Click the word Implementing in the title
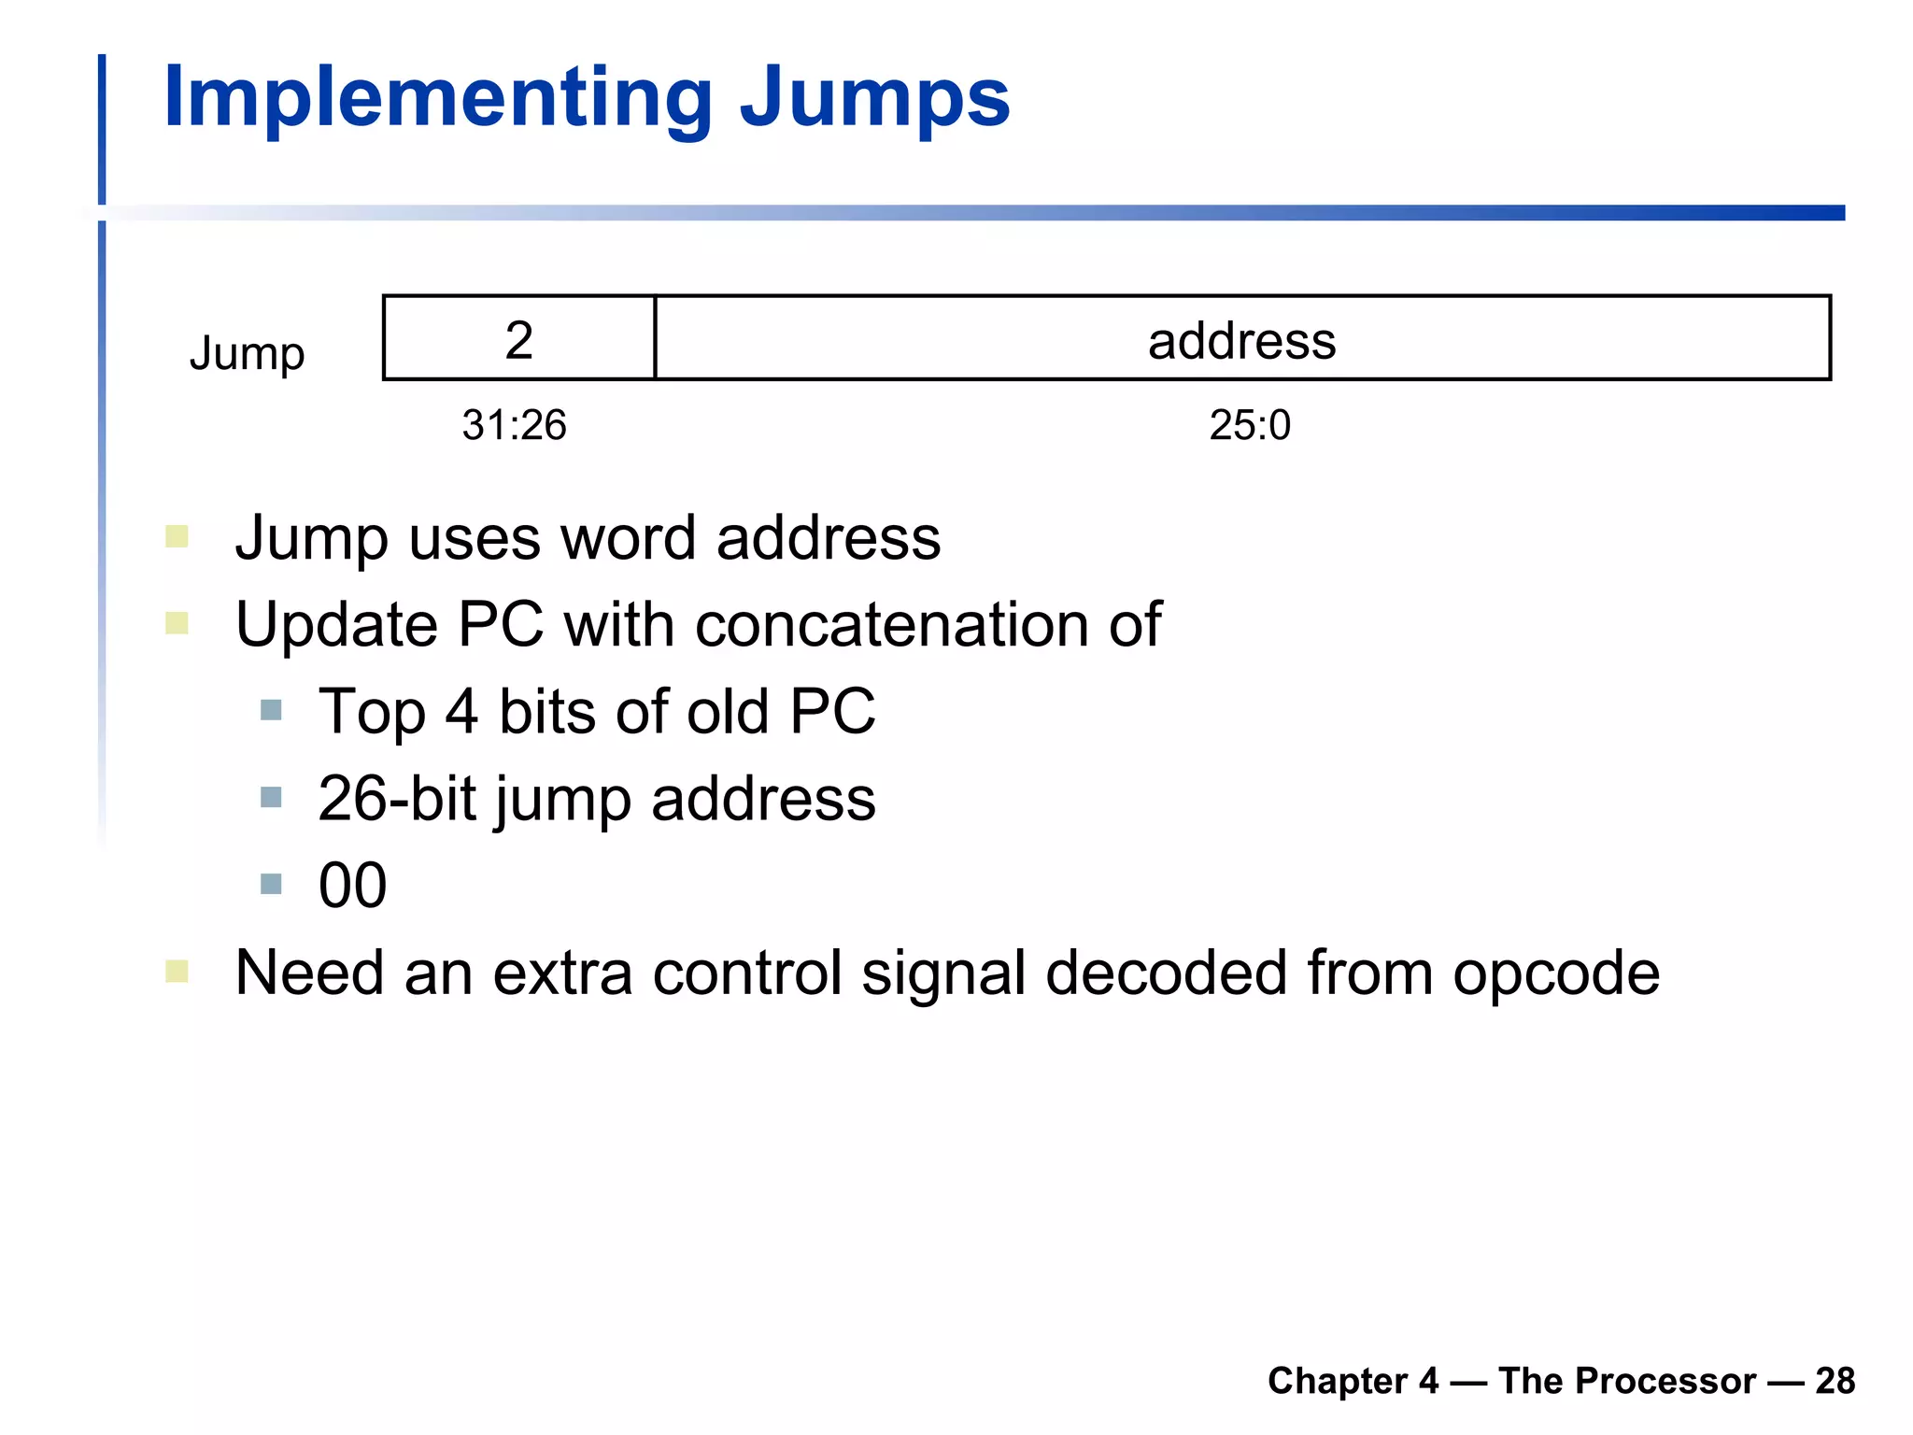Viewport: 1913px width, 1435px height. pos(437,99)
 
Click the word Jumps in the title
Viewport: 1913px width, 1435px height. pos(874,99)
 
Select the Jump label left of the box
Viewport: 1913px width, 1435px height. pos(247,353)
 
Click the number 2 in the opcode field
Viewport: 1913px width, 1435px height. pos(519,339)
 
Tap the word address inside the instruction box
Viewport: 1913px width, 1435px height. pos(1241,340)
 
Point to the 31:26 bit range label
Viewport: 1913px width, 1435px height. pos(514,425)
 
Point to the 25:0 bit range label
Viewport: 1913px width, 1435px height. pos(1250,425)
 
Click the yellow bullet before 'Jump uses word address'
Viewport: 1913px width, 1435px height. pos(177,536)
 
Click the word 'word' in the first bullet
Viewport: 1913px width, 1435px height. pos(627,539)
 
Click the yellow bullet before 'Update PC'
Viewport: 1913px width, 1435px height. pos(177,622)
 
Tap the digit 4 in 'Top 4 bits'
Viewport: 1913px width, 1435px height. pos(461,712)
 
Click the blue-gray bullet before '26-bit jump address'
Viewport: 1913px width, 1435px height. pos(271,797)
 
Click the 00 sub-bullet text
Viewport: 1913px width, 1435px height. pos(352,886)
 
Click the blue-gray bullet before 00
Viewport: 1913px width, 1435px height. pos(271,884)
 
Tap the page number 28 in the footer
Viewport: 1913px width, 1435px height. pos(1835,1381)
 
